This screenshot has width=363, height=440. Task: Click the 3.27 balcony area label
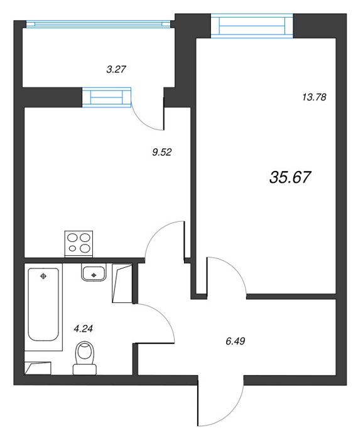116,69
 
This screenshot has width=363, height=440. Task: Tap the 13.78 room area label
314,97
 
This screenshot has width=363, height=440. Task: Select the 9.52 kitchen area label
162,152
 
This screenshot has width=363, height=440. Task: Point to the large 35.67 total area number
290,177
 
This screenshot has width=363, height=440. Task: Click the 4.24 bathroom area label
83,328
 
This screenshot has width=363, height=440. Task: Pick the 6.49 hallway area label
236,341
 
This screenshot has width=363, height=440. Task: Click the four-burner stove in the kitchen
79,244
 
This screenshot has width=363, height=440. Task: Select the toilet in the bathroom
84,358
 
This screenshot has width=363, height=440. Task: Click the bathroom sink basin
94,272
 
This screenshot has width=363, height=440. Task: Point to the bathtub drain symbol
43,277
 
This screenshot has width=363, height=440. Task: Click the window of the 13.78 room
252,26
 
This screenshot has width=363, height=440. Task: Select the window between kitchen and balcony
107,97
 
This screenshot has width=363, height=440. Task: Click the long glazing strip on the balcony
98,25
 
